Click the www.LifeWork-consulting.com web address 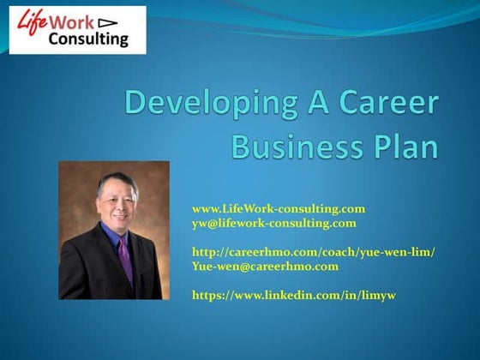click(279, 208)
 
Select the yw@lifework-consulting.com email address click(273, 223)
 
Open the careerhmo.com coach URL click(313, 251)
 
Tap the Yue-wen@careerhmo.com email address click(265, 266)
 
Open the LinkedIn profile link click(293, 294)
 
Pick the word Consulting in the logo click(89, 39)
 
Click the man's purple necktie click(125, 257)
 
